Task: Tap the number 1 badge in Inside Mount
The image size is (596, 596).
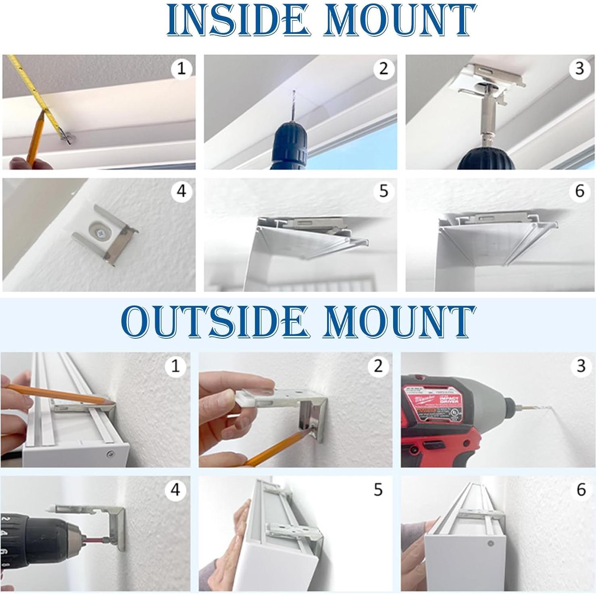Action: pyautogui.click(x=181, y=69)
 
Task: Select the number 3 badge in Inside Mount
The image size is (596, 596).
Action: pyautogui.click(x=580, y=69)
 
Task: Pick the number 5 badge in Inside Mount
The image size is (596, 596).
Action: pyautogui.click(x=383, y=191)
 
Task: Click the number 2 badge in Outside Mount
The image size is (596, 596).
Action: pyautogui.click(x=378, y=366)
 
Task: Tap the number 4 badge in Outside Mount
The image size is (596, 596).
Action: pyautogui.click(x=175, y=490)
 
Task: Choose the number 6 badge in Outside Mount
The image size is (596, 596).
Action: pyautogui.click(x=581, y=490)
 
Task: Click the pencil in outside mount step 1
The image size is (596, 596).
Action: pyautogui.click(x=60, y=393)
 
